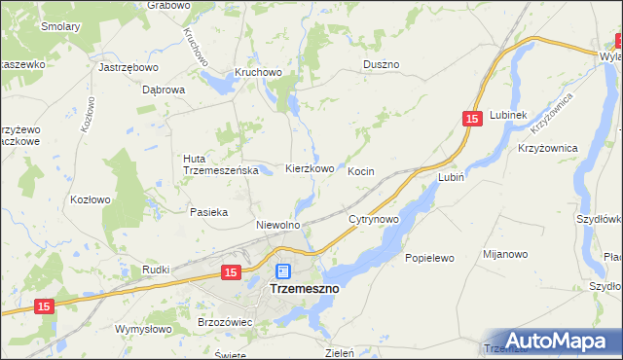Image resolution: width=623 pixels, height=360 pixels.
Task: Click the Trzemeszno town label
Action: pyautogui.click(x=303, y=289)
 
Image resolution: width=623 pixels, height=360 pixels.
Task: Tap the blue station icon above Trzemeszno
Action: pyautogui.click(x=282, y=271)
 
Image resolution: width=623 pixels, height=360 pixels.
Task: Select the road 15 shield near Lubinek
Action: pyautogui.click(x=471, y=118)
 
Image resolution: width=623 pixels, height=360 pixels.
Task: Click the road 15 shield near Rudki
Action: pyautogui.click(x=230, y=273)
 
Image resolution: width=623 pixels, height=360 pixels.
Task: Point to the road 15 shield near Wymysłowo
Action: pyautogui.click(x=43, y=306)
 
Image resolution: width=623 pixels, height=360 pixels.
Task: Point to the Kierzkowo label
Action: pyautogui.click(x=310, y=168)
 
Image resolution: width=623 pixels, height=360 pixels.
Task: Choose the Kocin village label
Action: pyautogui.click(x=361, y=171)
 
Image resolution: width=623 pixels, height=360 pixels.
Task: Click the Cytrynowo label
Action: pyautogui.click(x=374, y=220)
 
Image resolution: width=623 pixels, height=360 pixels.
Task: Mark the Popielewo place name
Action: pyautogui.click(x=429, y=259)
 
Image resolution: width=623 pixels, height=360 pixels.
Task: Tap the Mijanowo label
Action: pyautogui.click(x=504, y=254)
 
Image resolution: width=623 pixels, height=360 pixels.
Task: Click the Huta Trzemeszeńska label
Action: pyautogui.click(x=219, y=164)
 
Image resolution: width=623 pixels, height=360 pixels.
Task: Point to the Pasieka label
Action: pyautogui.click(x=209, y=211)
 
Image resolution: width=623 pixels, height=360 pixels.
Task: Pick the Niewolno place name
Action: pyautogui.click(x=277, y=225)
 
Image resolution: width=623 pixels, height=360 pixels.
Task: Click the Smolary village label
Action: pyautogui.click(x=60, y=27)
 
